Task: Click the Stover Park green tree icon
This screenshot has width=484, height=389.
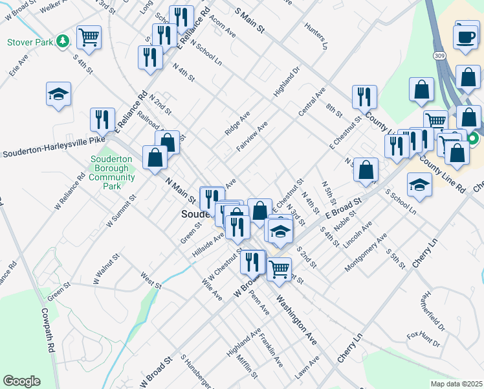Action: (62, 41)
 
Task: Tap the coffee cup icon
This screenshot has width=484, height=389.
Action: (467, 36)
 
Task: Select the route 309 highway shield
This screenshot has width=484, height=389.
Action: (439, 57)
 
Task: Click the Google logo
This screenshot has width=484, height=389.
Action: (21, 381)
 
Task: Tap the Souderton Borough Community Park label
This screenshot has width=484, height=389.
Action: (112, 172)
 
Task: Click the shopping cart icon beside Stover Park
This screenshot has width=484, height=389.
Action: (89, 36)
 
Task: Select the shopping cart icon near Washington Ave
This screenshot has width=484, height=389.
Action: (279, 266)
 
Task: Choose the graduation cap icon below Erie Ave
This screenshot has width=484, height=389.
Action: (58, 94)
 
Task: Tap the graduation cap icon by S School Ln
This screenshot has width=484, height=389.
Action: (419, 185)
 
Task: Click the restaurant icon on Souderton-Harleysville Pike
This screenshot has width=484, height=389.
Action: (102, 119)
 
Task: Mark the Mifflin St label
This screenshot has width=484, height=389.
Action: (247, 366)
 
